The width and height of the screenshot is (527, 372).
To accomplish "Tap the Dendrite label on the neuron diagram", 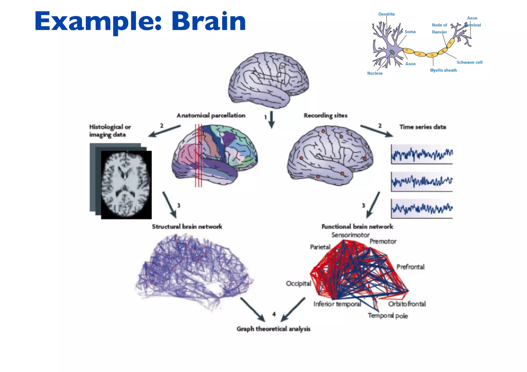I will tap(387, 14).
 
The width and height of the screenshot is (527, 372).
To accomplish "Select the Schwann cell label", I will tap(469, 62).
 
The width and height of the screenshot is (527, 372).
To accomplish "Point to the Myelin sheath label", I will tap(443, 70).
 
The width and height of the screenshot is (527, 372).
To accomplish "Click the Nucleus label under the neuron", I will tap(375, 73).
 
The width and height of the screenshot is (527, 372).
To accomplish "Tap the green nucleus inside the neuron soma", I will tap(392, 52).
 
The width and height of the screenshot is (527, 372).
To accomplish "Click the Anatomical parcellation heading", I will tap(211, 115).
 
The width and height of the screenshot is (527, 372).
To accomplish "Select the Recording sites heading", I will tap(326, 115).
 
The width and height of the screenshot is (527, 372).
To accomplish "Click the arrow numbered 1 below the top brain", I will tap(271, 120).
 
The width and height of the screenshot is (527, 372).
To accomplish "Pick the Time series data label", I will tap(423, 127).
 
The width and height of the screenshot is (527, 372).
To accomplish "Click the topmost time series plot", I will tap(422, 154).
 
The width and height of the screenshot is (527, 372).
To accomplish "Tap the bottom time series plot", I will tap(422, 208).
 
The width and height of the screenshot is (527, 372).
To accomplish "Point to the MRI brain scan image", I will tap(126, 185).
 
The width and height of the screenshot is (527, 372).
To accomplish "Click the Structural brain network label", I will tap(187, 226).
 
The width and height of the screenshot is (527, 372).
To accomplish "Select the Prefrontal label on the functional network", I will tap(410, 267).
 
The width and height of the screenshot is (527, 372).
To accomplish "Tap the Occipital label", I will tap(298, 284).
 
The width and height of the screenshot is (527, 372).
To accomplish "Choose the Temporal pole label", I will tap(388, 316).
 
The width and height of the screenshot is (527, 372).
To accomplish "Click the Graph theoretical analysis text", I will tap(274, 329).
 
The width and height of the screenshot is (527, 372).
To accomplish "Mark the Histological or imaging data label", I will tap(110, 131).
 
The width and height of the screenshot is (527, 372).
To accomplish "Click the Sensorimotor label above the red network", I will tap(350, 235).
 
